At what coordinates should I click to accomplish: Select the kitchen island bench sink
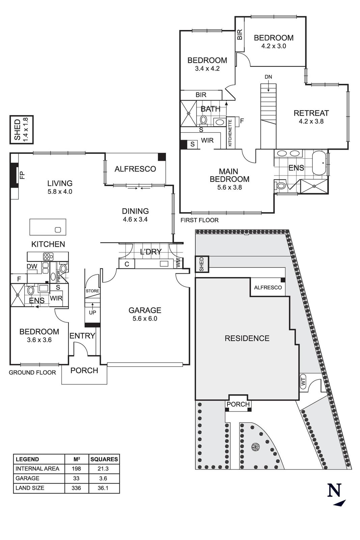click(58, 230)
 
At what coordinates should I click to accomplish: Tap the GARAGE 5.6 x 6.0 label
click(145, 314)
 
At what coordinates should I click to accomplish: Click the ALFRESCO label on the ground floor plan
click(135, 169)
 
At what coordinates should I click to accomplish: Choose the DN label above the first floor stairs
click(268, 77)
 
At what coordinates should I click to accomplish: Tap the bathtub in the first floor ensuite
click(319, 164)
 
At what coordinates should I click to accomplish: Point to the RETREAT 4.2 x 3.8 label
click(311, 117)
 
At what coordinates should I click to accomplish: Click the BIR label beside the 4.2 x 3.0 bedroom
click(240, 35)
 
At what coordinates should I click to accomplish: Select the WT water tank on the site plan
click(303, 382)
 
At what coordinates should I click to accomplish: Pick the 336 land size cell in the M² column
click(76, 488)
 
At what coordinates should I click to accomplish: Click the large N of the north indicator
click(334, 490)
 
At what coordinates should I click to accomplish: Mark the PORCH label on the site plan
click(238, 404)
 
